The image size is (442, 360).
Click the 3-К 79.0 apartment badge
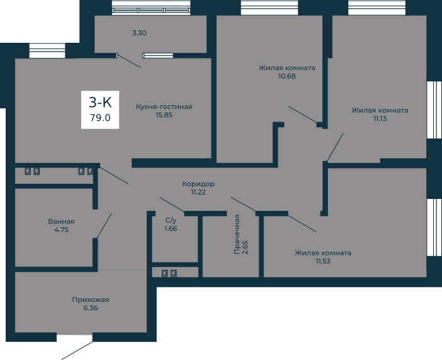pos(100,110)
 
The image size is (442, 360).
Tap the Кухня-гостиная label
pos(164,107)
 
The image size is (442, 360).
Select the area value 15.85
pos(164,115)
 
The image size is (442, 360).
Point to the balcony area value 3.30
pos(139,33)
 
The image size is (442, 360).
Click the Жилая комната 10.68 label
pos(287,72)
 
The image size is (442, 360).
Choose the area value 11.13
pos(380,118)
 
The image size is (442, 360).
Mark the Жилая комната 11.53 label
pos(323,257)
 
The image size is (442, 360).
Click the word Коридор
pos(198,184)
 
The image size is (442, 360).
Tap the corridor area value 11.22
pos(198,192)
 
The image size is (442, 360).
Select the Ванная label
pos(62,222)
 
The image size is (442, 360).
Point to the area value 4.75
pos(62,230)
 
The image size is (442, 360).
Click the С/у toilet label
pos(171,220)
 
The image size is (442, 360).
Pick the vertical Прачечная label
pos(237,234)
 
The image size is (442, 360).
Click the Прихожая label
pos(91,300)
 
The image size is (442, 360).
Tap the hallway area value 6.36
pos(91,308)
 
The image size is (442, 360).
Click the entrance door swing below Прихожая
pos(77,351)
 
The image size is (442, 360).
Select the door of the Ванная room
pos(104,226)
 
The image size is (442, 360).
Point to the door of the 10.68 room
pos(303,115)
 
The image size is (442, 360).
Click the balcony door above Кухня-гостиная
pos(129,61)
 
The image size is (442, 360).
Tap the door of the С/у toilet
pos(172,204)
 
